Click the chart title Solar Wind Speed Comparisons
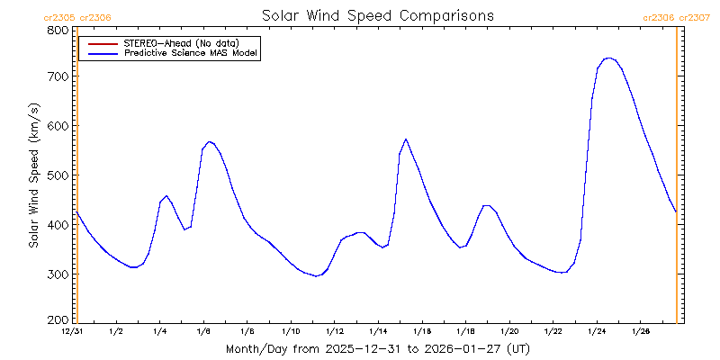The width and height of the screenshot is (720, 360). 377,16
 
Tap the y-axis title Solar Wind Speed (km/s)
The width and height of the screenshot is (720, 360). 33,175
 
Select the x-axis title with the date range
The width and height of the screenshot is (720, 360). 377,348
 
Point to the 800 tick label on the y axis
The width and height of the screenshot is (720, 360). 58,30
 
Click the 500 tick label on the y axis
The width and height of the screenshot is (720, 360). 58,175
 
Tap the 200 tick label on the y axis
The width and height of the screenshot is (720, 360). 58,320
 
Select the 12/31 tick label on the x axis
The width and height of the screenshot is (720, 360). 72,332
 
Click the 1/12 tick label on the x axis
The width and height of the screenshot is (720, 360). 334,332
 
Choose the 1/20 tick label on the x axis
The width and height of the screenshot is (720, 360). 508,332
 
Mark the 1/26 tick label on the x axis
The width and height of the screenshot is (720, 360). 640,332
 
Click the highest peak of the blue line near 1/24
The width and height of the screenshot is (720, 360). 609,58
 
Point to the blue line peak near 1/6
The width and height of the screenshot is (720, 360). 209,141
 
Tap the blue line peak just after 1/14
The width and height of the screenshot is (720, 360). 406,139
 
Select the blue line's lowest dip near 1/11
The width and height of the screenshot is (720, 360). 316,276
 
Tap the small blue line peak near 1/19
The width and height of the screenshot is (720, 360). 486,205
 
